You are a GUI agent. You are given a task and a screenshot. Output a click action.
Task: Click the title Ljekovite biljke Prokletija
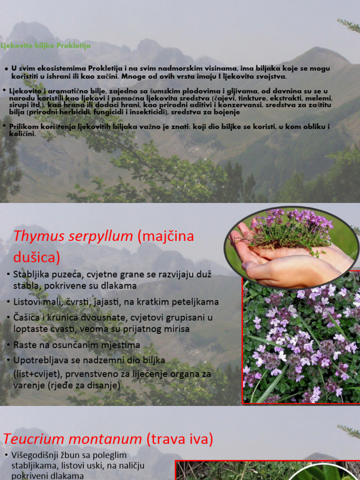pyautogui.click(x=45, y=46)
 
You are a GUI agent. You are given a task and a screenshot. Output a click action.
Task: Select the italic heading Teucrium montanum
pyautogui.click(x=73, y=439)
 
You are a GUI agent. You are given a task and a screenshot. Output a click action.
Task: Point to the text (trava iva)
pyautogui.click(x=180, y=439)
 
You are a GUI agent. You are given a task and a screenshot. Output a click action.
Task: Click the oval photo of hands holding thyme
pyautogui.click(x=291, y=247)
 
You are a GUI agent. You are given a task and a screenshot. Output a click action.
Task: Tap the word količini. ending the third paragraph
pyautogui.click(x=22, y=134)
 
